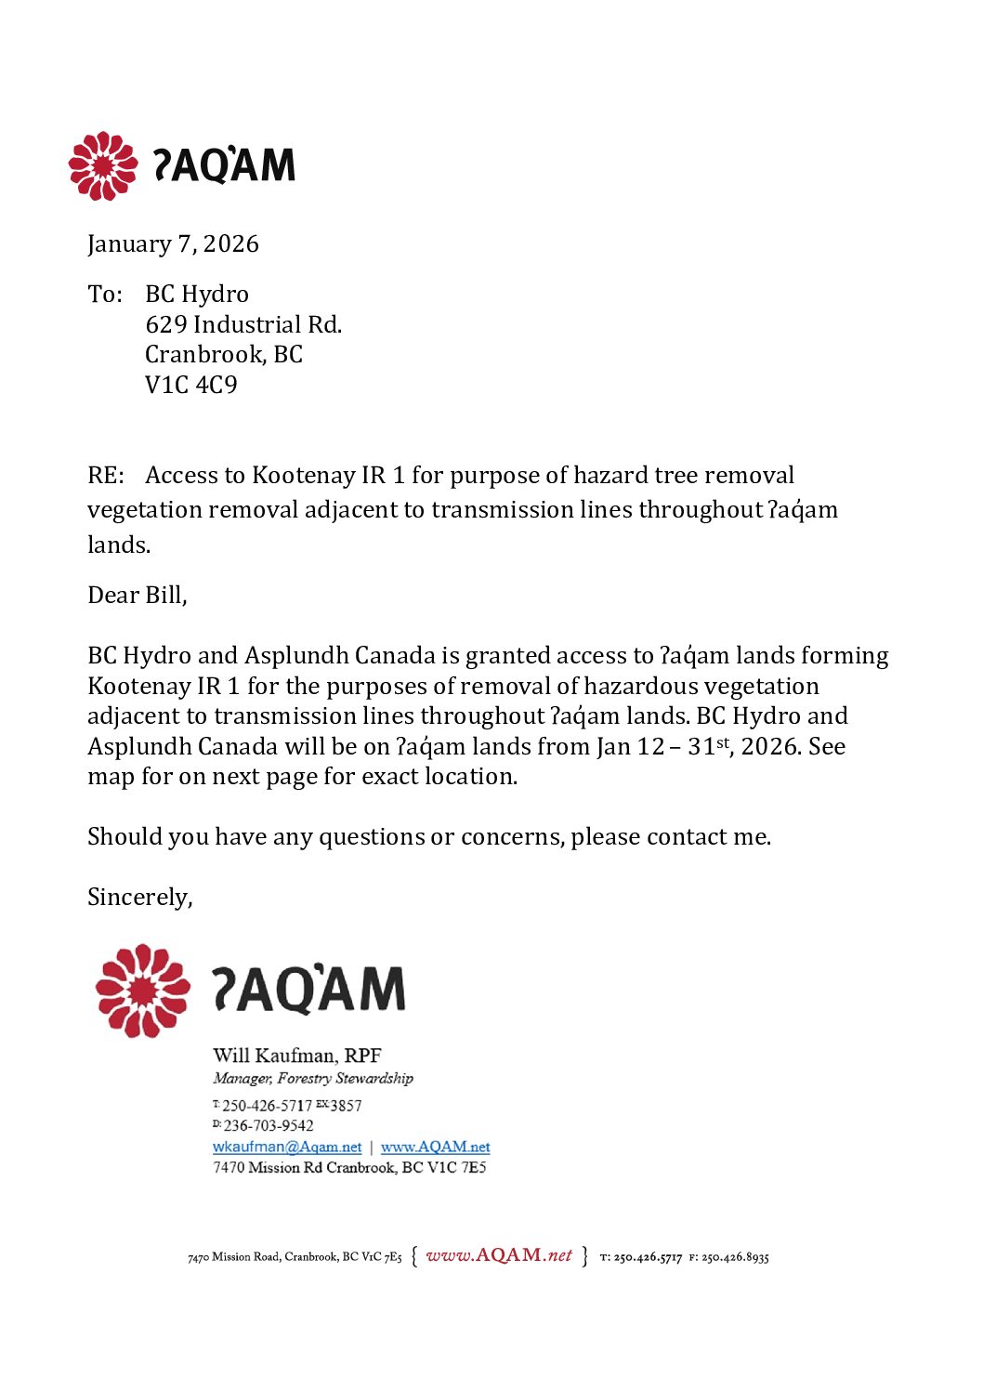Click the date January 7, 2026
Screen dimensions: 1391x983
click(173, 244)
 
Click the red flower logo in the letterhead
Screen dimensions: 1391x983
click(102, 165)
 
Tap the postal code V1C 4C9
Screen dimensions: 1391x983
click(191, 385)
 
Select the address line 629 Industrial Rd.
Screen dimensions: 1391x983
click(243, 324)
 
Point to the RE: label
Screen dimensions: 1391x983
click(105, 476)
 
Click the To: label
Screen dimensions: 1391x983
click(105, 295)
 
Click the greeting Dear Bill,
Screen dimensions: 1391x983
click(138, 596)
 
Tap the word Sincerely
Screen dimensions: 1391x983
click(139, 898)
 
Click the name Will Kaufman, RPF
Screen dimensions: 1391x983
click(297, 1056)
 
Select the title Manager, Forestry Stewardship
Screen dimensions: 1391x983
click(313, 1078)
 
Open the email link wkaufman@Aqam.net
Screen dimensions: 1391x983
click(287, 1148)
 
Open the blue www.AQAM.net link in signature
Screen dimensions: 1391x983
click(435, 1148)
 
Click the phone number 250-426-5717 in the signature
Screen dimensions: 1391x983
click(268, 1106)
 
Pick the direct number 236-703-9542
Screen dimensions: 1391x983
click(269, 1126)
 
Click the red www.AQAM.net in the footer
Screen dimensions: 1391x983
click(499, 1255)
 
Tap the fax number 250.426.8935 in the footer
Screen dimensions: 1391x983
click(735, 1258)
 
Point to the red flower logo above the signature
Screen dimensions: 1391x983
click(142, 991)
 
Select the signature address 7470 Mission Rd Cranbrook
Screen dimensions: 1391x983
click(349, 1168)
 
